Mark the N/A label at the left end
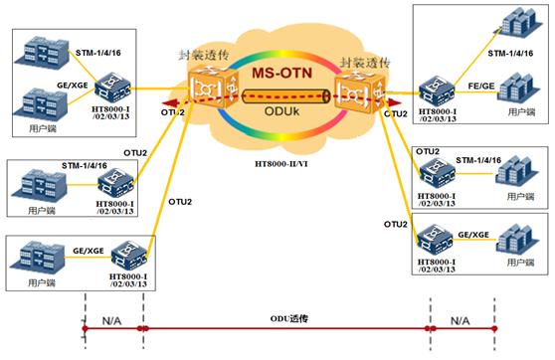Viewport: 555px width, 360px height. coord(111,321)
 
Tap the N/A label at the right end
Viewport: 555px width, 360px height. coord(459,321)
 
